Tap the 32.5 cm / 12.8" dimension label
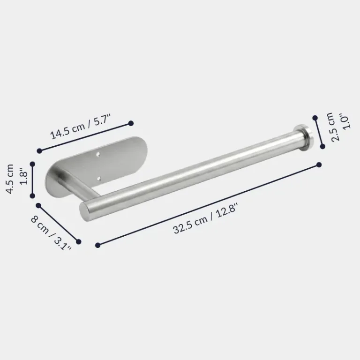point(205,219)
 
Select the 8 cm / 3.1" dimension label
point(51,233)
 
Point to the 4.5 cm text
point(10,179)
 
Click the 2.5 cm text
point(336,127)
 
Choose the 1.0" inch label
point(346,121)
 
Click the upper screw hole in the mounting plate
point(98,154)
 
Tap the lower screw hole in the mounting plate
point(99,178)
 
